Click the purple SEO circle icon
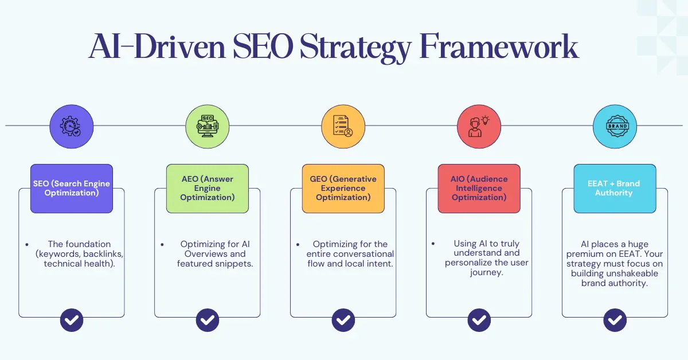tap(72, 126)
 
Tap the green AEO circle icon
tap(208, 126)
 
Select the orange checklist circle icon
tap(343, 126)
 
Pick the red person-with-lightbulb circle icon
tap(479, 126)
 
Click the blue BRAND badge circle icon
tap(615, 126)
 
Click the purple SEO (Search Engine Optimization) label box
tap(72, 189)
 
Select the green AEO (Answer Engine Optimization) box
tap(208, 189)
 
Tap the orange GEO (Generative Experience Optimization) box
tap(343, 189)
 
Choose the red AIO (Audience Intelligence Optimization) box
tap(479, 189)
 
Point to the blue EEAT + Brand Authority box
tap(615, 189)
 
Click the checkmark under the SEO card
tap(72, 320)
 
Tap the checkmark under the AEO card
tap(208, 320)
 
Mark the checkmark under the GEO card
tap(343, 320)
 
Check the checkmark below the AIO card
tap(479, 320)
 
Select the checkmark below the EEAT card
tap(615, 320)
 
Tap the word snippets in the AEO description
tap(234, 264)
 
